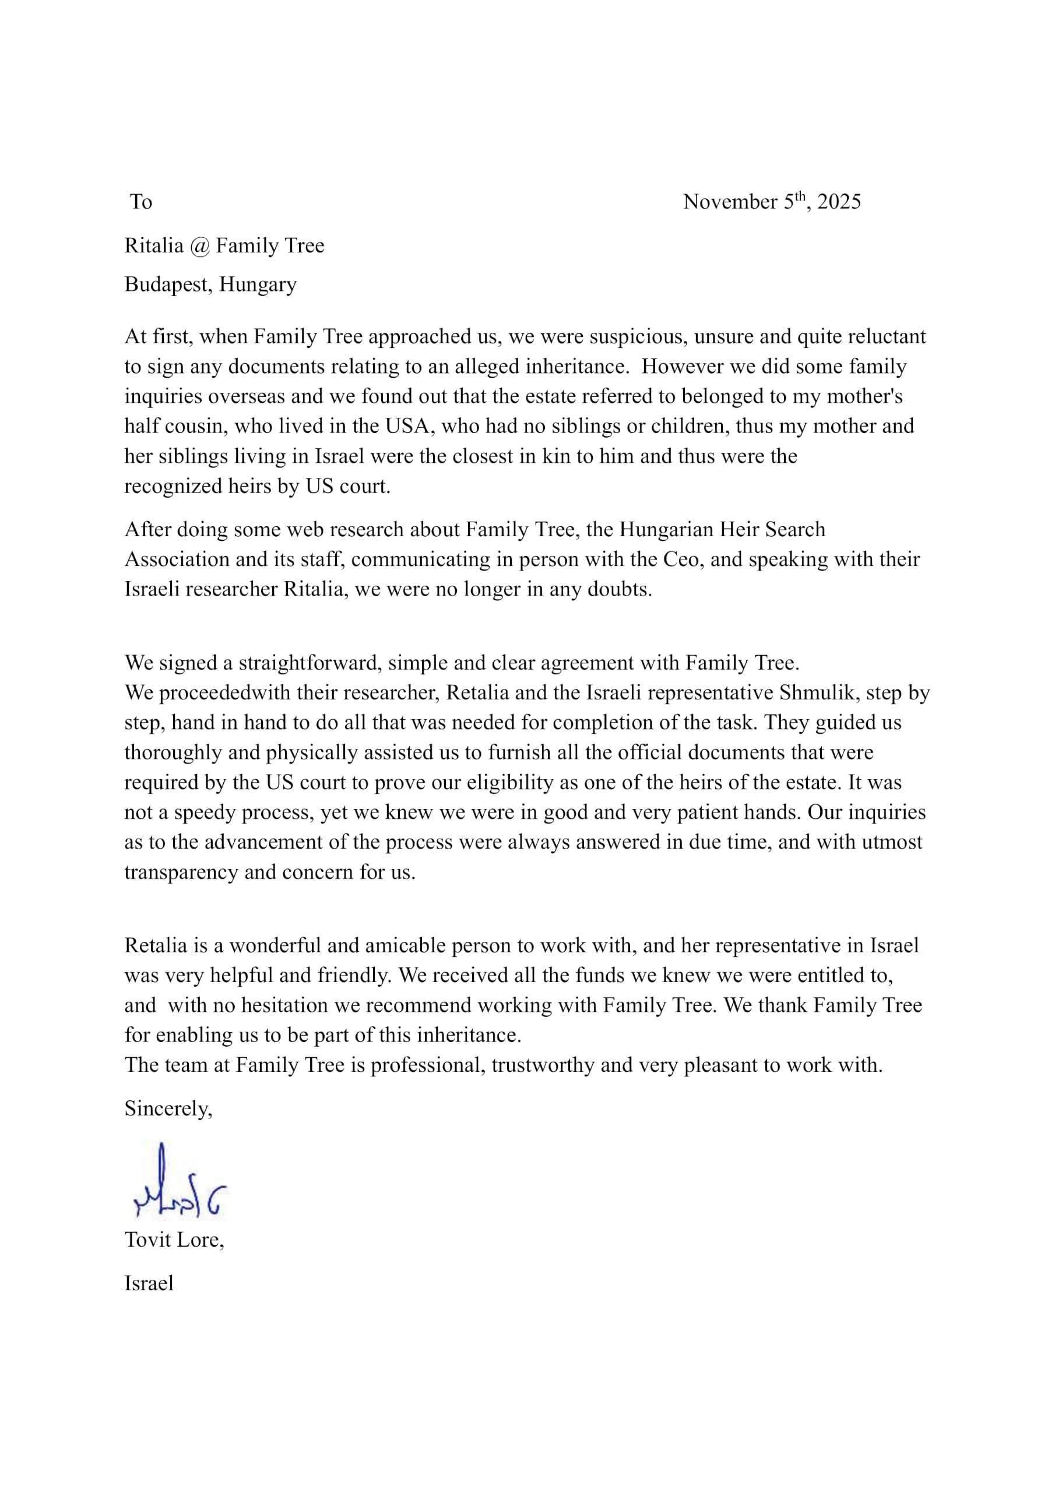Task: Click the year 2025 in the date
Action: point(839,202)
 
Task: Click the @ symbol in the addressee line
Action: point(199,245)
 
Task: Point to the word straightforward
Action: point(311,663)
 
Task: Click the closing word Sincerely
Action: point(168,1109)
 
